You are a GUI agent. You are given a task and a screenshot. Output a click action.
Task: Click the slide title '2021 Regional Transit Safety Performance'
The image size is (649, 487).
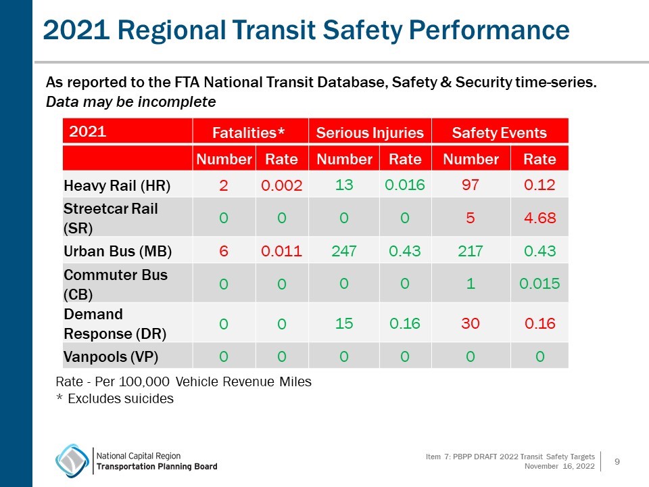pos(306,30)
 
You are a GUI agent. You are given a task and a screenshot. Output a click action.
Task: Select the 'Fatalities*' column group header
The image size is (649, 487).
pos(249,133)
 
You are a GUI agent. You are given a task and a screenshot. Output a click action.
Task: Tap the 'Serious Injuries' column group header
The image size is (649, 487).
pos(370,133)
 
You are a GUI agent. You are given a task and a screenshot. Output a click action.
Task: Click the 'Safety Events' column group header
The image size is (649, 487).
pos(499,133)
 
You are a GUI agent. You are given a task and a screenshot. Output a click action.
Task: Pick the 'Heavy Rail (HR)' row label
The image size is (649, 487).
pos(117,185)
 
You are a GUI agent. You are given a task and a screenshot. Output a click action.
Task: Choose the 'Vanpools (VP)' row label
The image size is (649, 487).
pos(112,356)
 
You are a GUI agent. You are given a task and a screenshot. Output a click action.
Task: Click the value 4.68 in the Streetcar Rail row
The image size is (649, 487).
pos(539,218)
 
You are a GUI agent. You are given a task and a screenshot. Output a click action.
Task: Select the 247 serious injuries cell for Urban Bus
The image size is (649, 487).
pos(344,252)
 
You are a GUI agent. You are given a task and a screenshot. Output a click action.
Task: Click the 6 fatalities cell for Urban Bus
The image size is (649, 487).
pos(223,252)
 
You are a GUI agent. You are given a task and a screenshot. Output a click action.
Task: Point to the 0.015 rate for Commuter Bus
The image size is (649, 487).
pos(539,284)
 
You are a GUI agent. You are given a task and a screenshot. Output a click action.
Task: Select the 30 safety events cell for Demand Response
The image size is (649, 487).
pos(471,323)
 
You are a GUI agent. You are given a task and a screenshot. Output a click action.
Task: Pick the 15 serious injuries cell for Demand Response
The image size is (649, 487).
pos(344,323)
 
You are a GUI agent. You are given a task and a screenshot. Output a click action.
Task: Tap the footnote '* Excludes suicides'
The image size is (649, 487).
pos(115,399)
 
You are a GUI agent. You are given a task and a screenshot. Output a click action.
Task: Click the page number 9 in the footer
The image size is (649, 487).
pos(617,462)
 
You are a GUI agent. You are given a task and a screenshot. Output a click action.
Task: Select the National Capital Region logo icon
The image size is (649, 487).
pos(72,461)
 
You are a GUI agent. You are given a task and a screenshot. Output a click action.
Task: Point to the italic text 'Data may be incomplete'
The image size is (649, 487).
pos(130,102)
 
